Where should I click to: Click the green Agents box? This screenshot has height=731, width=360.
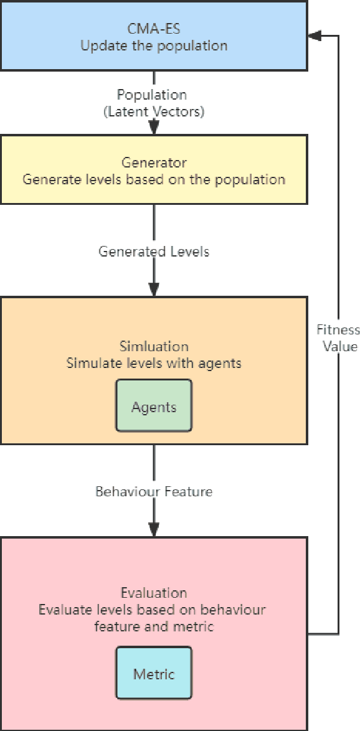point(154,406)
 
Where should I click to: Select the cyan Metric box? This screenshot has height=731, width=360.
point(154,674)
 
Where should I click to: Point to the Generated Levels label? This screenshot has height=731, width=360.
point(154,252)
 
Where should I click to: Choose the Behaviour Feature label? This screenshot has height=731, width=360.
point(154,491)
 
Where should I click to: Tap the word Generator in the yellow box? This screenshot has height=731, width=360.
point(154,164)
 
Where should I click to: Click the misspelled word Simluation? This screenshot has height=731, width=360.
point(154,346)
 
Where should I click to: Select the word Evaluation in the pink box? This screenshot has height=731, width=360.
point(154,593)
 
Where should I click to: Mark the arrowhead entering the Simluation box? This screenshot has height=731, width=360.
point(154,290)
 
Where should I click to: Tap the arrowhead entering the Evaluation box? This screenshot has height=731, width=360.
point(154,529)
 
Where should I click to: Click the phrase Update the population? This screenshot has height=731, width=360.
point(154,45)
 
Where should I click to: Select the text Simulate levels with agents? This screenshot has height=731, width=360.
point(154,362)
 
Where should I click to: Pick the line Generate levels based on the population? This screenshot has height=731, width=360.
point(154,179)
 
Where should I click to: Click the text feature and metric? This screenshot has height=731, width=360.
point(154,626)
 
